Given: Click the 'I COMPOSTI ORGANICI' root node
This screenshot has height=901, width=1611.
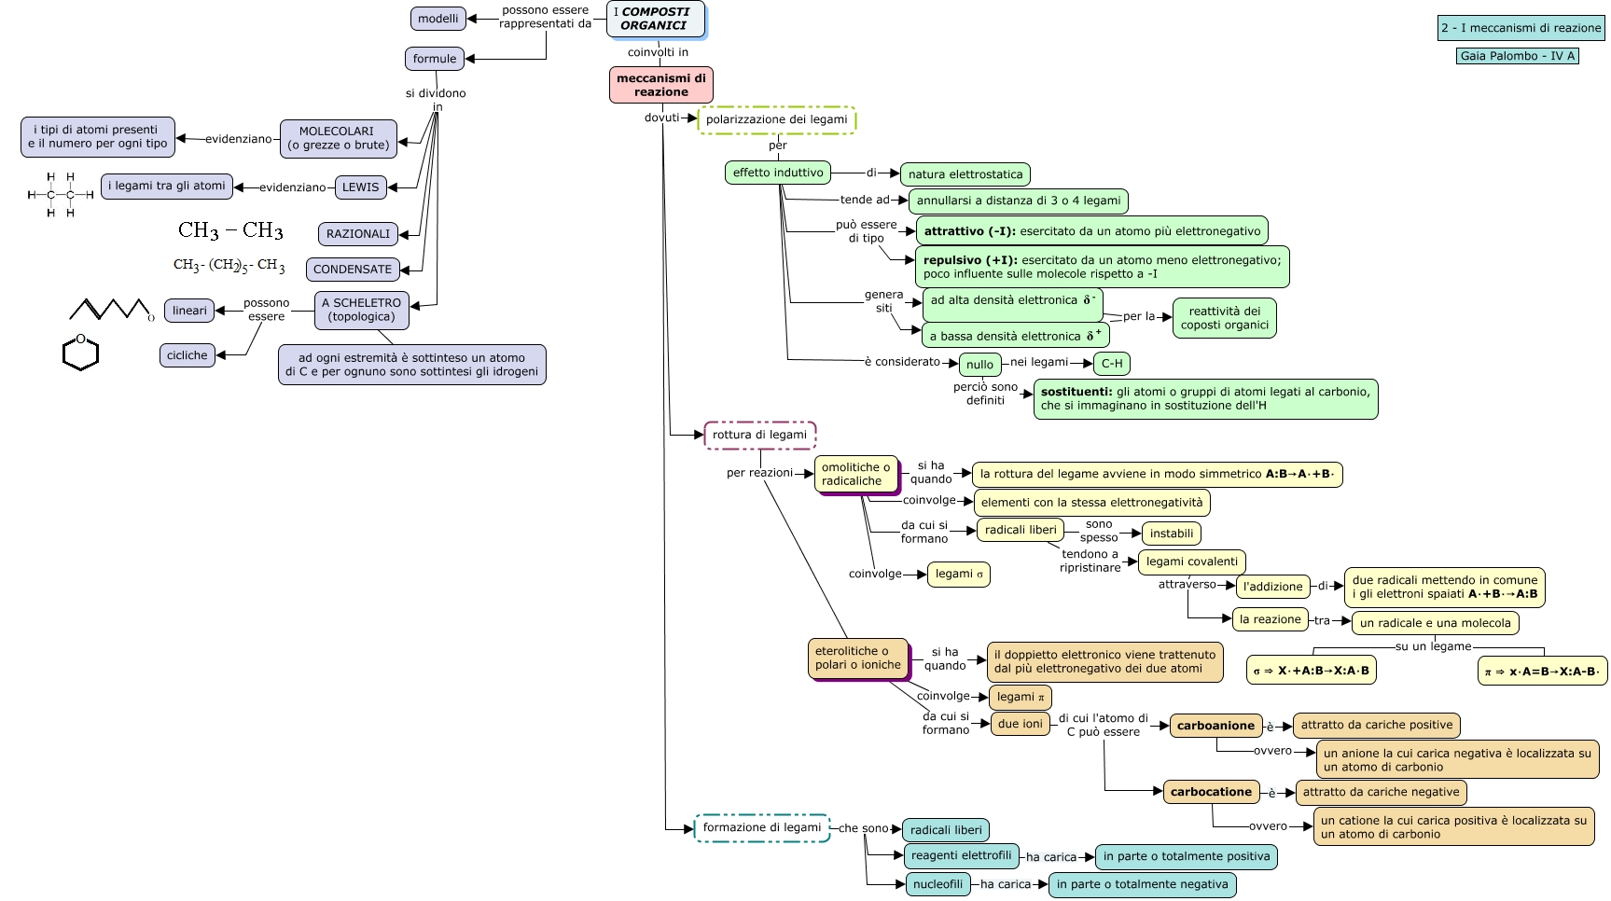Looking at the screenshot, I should (655, 20).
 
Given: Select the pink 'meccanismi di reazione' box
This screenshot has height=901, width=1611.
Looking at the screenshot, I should (661, 85).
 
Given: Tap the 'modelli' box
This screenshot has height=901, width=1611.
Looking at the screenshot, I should (437, 19).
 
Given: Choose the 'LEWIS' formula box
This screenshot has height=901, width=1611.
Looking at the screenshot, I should (360, 187).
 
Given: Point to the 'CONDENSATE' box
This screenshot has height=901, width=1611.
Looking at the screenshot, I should (353, 270).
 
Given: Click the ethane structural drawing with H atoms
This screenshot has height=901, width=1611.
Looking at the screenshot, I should (61, 195).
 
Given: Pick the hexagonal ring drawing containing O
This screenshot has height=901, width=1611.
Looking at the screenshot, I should (80, 353).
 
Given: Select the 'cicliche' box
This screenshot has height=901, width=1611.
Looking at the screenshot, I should (187, 355).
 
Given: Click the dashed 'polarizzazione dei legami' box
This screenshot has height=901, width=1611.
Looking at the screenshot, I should (776, 119).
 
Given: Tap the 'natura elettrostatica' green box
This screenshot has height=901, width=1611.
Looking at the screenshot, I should (965, 174).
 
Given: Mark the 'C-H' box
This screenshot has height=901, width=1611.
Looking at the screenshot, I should (1112, 364).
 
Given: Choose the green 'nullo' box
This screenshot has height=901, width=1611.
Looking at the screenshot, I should (979, 365).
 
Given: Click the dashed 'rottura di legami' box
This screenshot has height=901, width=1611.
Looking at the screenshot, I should (759, 435).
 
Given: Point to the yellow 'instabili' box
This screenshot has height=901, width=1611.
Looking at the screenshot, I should (1172, 534).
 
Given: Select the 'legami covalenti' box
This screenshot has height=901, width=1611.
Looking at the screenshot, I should (1192, 561).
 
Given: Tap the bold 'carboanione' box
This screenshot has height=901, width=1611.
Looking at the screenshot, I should (1215, 726).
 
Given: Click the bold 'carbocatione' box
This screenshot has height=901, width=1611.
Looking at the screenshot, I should (1211, 792).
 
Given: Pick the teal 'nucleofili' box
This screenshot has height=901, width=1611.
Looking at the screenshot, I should (937, 884).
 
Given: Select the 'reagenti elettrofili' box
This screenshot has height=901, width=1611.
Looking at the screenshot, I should (961, 855).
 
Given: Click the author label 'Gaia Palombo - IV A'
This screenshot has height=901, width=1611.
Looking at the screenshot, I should (1517, 56).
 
